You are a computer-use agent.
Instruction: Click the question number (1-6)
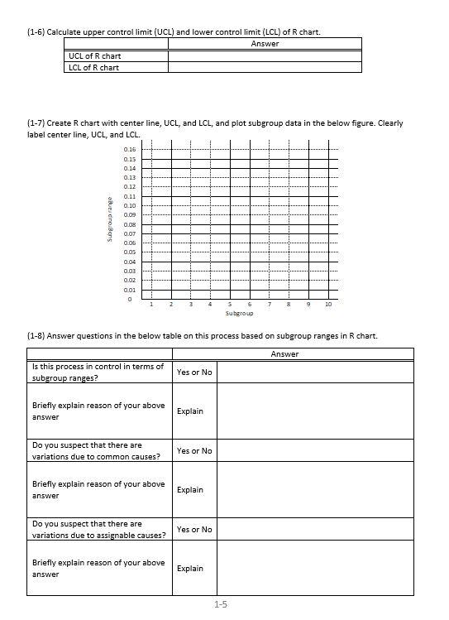[x=36, y=32]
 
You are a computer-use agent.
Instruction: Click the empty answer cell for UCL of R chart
[x=265, y=56]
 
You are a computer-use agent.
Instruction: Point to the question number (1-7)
[x=36, y=123]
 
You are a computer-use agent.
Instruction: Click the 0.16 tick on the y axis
[x=129, y=149]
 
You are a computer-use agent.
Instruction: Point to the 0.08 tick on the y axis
[x=129, y=224]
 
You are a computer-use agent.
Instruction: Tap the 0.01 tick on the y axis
[x=129, y=290]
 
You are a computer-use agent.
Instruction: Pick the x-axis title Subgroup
[x=239, y=314]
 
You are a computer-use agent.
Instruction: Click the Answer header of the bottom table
[x=284, y=354]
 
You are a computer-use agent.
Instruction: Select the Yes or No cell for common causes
[x=194, y=450]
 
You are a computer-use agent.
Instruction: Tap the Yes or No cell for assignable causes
[x=194, y=529]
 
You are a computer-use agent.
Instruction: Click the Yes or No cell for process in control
[x=194, y=372]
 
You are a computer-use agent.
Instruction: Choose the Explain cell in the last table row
[x=190, y=569]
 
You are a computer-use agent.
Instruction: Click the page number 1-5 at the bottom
[x=221, y=604]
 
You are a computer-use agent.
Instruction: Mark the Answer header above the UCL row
[x=265, y=44]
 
